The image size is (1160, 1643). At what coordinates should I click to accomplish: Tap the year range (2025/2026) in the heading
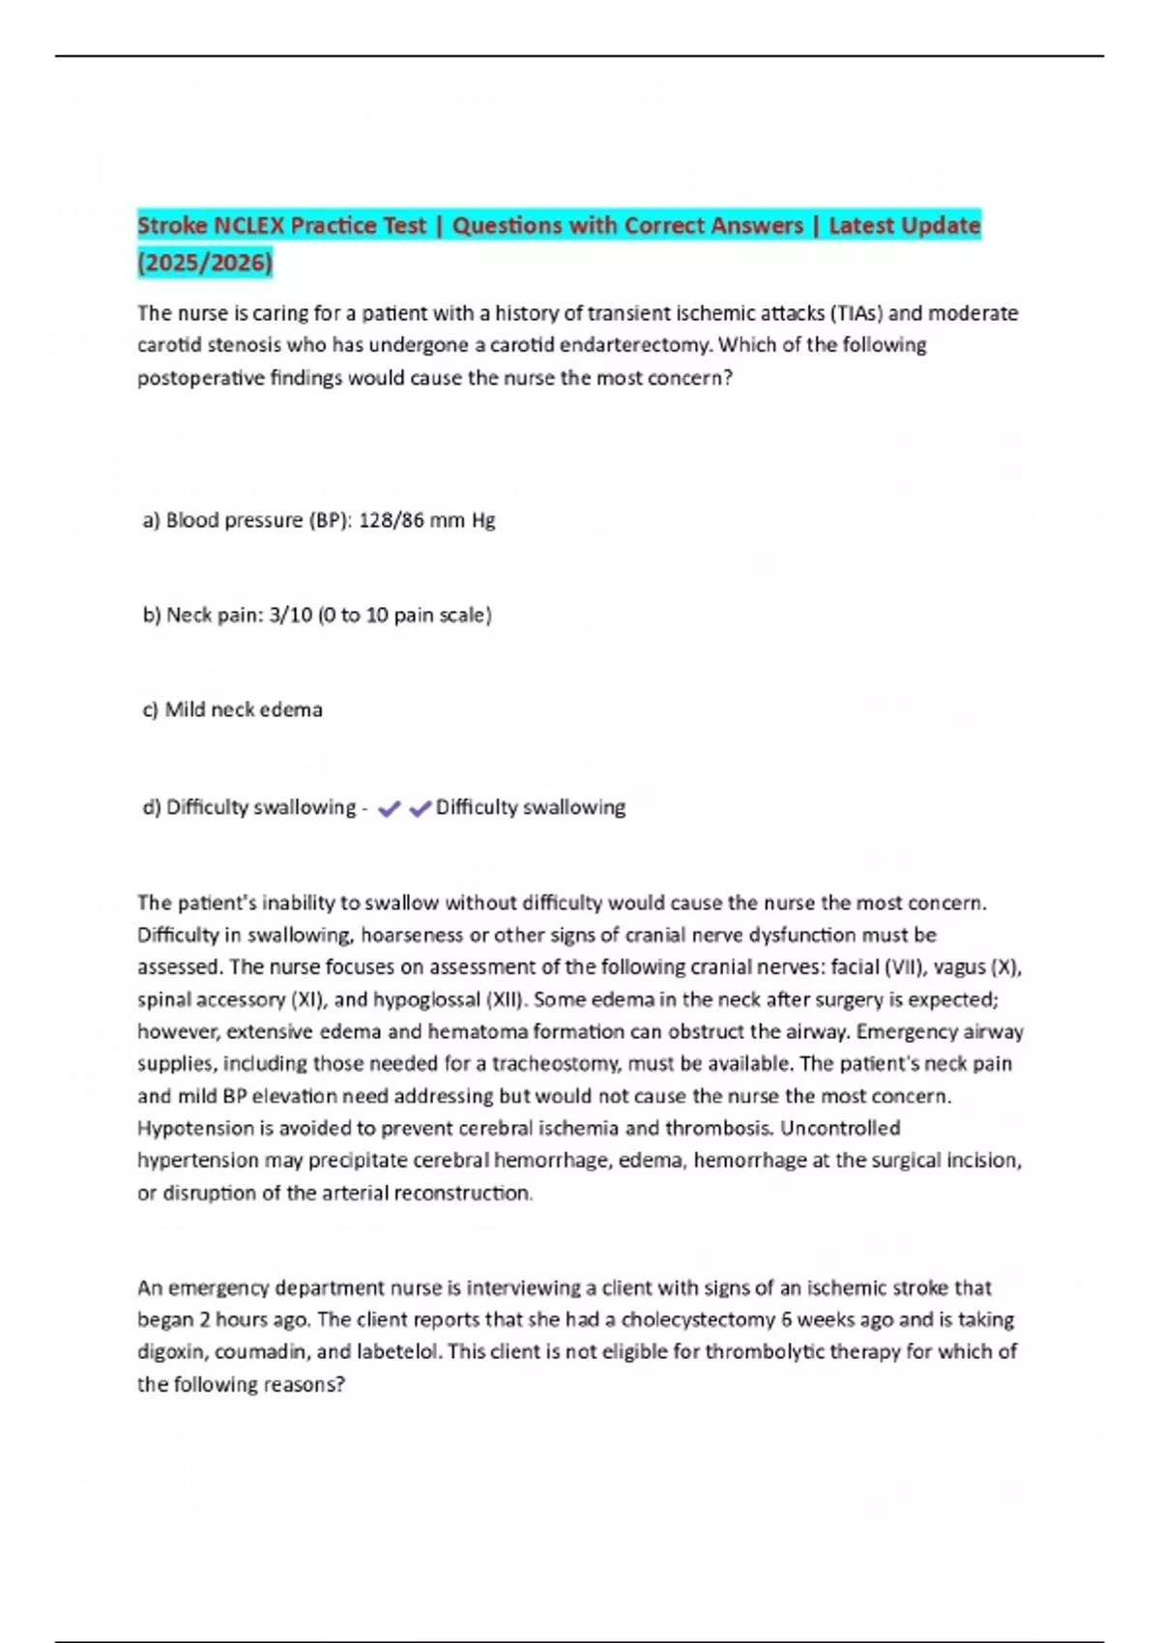click(205, 262)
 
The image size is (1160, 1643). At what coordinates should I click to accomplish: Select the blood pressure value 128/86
click(391, 520)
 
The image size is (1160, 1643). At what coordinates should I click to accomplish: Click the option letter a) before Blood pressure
click(151, 520)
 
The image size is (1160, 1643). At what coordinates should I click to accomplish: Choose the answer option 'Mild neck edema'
click(244, 709)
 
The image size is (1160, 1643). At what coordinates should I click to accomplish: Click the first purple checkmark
click(389, 809)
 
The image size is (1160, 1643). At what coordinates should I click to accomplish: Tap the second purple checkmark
click(420, 809)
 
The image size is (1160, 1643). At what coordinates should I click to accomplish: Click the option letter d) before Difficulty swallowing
click(151, 807)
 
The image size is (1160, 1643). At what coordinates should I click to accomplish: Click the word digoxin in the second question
click(171, 1351)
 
